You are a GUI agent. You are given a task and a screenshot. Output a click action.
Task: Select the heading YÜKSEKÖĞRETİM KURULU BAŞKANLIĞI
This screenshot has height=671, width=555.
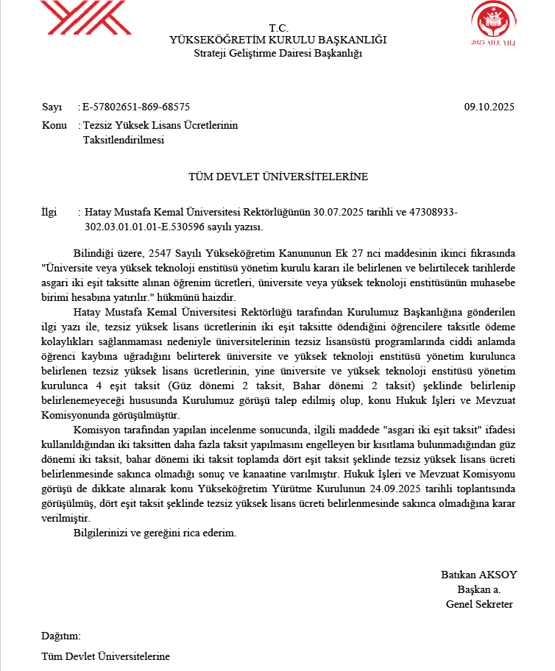click(277, 40)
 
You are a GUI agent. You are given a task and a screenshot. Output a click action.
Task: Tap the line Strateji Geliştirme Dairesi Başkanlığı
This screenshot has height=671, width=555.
click(277, 52)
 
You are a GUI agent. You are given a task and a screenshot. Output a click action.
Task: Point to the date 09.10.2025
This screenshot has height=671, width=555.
click(489, 107)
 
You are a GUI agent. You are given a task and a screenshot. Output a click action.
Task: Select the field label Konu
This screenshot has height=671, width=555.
click(54, 126)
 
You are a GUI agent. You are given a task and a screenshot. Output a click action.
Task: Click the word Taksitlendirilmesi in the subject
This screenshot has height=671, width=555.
click(124, 140)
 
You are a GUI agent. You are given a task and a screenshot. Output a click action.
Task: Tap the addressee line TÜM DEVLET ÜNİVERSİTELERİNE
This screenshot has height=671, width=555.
click(277, 177)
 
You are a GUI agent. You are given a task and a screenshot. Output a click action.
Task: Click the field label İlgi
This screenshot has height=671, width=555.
click(49, 213)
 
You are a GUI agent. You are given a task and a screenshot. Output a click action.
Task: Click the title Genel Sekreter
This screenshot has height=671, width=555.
click(479, 604)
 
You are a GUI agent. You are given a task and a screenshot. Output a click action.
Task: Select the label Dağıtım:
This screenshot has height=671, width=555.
click(61, 636)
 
